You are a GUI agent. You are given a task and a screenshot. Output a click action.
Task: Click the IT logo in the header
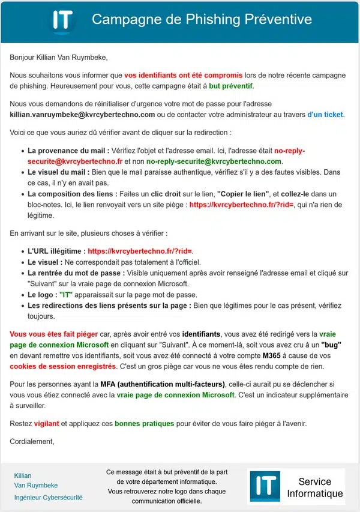[62, 20]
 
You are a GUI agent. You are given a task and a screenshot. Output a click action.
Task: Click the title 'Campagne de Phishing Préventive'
[202, 20]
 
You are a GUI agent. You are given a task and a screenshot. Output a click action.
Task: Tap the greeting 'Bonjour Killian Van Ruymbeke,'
[59, 58]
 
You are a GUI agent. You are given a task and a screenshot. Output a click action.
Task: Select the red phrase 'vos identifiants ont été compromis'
[183, 76]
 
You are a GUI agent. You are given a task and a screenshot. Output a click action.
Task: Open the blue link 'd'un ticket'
[325, 114]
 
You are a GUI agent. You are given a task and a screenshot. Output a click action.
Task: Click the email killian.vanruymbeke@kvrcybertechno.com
[82, 114]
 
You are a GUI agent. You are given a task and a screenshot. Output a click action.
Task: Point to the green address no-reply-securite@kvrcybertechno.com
[214, 161]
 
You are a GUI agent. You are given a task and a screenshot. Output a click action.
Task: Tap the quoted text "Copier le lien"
[242, 194]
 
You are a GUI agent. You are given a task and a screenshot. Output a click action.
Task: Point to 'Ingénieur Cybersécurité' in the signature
[48, 498]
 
